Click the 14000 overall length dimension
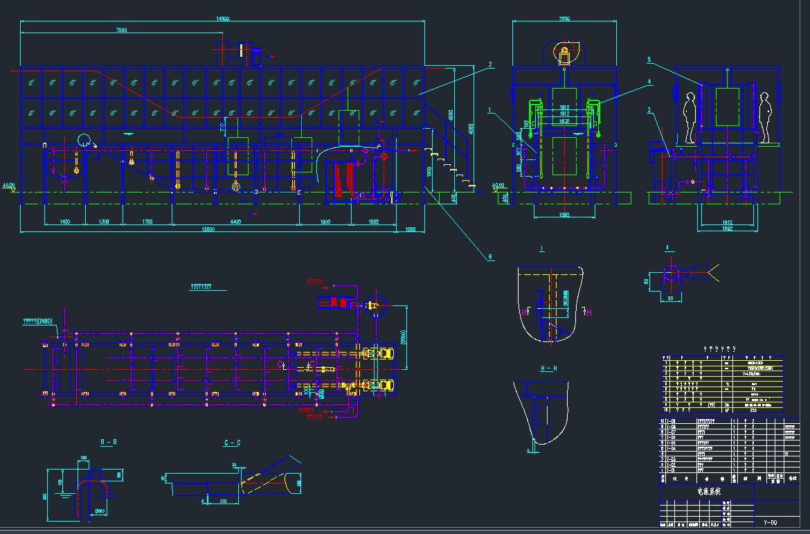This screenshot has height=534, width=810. pos(222,19)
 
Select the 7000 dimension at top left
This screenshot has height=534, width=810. pos(121,30)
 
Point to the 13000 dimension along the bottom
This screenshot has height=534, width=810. pos(208,229)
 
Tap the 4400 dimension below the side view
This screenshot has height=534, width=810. pos(235,222)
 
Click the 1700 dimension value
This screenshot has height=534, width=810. pos(147,222)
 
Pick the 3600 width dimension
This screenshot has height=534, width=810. pos(564,19)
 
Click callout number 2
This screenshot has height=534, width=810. pos(489,65)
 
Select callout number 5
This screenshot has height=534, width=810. pos(649,60)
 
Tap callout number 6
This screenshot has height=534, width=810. pos(490,257)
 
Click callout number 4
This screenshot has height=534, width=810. pos(649,82)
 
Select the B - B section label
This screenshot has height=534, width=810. pos(109,440)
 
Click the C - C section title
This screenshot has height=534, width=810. pos(232,443)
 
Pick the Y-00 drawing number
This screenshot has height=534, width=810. pos(770,522)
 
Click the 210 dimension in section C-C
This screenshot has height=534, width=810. pos(223,500)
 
